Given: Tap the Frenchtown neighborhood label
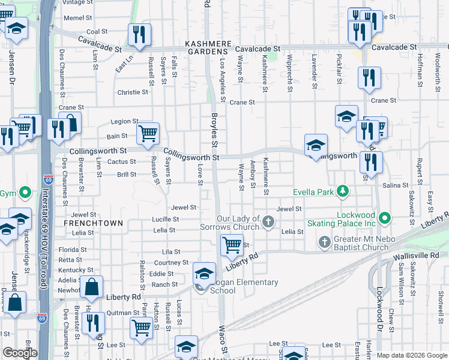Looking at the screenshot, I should tap(93, 223).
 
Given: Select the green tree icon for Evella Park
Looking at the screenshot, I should tap(343, 191).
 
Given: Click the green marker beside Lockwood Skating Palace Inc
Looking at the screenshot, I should tap(385, 217).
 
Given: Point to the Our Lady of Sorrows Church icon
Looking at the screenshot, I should tap(268, 223).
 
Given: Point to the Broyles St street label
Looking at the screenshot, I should tap(214, 129).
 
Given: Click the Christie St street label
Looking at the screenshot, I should tap(133, 92).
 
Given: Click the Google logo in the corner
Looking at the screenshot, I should tap(20, 353).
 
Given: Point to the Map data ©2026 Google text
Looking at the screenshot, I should tap(412, 355).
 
